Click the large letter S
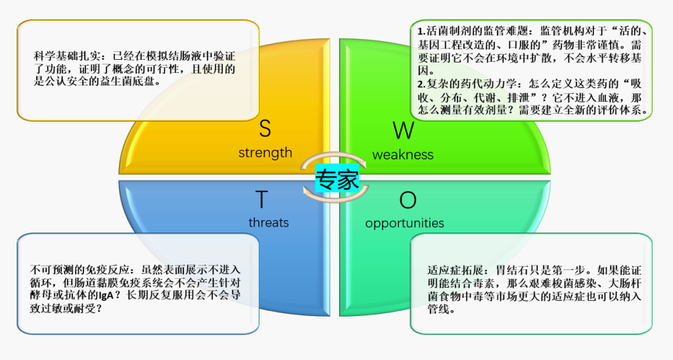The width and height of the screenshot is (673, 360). pos(265,128)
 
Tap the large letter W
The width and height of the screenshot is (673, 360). pos(404,131)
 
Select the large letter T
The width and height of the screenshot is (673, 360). pos(262,199)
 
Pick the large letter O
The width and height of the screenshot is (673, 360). pos(407,200)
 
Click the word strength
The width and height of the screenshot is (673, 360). pos(266,153)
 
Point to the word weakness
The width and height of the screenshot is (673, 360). pos(403,154)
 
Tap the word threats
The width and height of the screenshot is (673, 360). pos(269,222)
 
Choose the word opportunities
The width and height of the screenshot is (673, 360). pos(404,223)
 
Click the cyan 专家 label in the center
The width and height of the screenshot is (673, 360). pos(337,179)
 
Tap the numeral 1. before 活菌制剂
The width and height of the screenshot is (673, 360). pos(421,32)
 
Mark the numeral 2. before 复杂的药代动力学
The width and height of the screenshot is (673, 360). pos(421,83)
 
